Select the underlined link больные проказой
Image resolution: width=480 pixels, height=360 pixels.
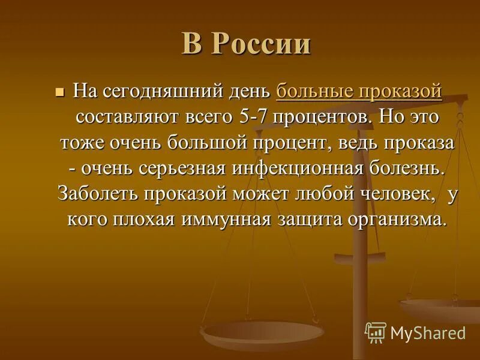[x=359, y=92]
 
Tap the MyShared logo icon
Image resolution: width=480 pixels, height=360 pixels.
[x=376, y=332]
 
